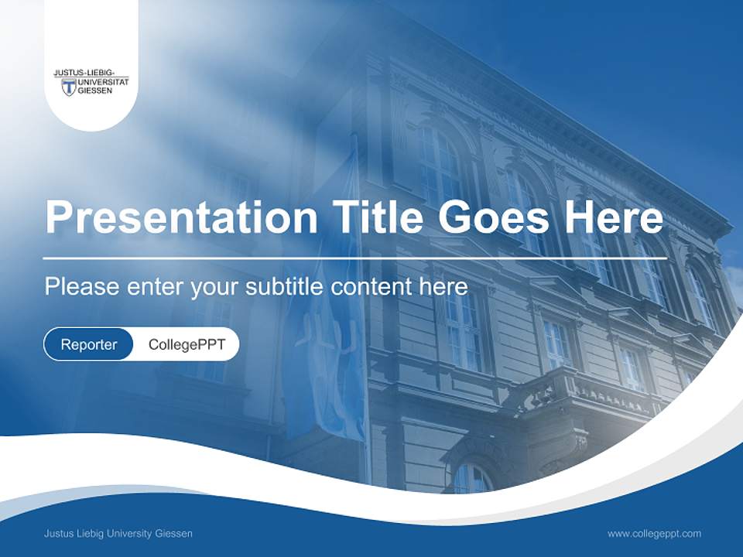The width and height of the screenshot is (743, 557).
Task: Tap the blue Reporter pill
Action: tap(89, 344)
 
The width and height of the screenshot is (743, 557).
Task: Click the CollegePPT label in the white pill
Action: tap(187, 344)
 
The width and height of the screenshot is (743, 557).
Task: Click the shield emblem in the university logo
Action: tap(68, 87)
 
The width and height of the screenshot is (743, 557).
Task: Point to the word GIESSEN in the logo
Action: tap(94, 91)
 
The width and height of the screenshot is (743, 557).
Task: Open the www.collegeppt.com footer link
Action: tap(654, 533)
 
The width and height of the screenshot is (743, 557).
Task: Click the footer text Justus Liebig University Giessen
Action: tap(118, 533)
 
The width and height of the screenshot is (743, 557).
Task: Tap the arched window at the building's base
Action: tap(471, 478)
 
